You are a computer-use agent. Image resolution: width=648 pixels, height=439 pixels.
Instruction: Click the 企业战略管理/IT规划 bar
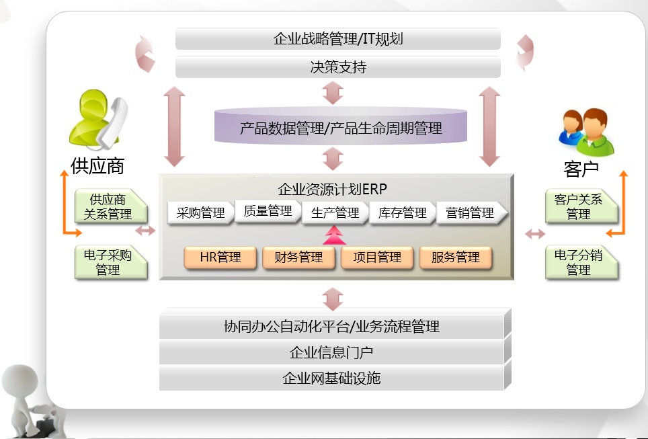[x=338, y=39]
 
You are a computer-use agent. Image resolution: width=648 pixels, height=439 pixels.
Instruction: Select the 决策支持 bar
[x=338, y=67]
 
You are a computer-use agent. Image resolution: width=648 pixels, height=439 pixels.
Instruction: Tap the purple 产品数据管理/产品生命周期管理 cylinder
[x=341, y=128]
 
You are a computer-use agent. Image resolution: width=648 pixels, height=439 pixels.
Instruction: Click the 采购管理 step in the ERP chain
[x=200, y=213]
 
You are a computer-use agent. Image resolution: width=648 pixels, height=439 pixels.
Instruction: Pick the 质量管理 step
[x=268, y=211]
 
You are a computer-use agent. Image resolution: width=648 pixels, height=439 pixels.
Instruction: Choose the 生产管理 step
[x=335, y=213]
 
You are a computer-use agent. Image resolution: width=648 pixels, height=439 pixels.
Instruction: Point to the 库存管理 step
[x=402, y=213]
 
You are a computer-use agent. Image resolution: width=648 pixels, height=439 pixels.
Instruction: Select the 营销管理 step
[x=470, y=213]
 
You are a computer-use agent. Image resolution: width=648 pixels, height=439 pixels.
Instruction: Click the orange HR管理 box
[x=220, y=257]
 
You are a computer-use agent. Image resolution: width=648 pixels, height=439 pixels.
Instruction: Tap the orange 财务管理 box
[x=298, y=257]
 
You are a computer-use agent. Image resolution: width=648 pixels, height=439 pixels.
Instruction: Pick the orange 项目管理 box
[x=377, y=257]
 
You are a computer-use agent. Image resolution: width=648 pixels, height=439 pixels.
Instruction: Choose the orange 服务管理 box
[x=456, y=257]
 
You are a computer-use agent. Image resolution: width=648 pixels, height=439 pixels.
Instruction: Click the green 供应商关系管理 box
[x=110, y=207]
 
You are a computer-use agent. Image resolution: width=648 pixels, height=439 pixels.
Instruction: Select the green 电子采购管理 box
[x=110, y=263]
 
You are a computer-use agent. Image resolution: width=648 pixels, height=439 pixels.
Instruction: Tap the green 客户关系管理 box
[x=579, y=207]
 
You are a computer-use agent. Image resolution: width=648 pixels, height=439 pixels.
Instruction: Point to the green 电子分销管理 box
[x=579, y=263]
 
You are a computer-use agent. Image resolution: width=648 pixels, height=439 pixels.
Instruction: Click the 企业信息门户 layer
[x=331, y=352]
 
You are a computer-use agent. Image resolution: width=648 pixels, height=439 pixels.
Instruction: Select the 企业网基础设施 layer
[x=331, y=378]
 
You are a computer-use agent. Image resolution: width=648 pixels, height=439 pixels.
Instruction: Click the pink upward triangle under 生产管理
[x=334, y=235]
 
